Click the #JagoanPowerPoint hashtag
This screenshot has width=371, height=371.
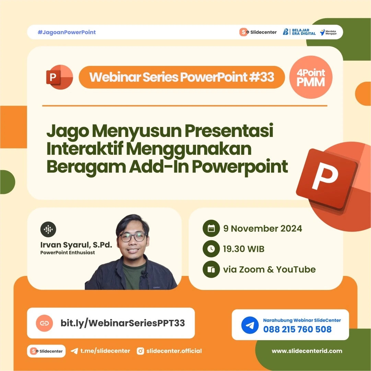coord(67,32)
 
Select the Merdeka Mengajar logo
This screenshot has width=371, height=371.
coord(328,32)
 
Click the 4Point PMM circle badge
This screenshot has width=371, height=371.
coord(311,77)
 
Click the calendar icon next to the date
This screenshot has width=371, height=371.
coord(211,229)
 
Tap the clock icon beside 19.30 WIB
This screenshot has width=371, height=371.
coord(211,249)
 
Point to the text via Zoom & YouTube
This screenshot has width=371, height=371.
coord(269,269)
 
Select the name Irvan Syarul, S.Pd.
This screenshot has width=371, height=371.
coord(76,245)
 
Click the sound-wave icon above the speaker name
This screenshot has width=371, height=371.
coord(48,229)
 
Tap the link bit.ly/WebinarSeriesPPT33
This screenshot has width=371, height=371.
coord(123,323)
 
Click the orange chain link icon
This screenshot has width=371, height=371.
coord(45,323)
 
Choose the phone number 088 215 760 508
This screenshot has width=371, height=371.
coord(297,329)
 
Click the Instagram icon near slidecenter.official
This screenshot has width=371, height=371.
coord(140,351)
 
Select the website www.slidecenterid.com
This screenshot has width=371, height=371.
coord(307,351)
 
